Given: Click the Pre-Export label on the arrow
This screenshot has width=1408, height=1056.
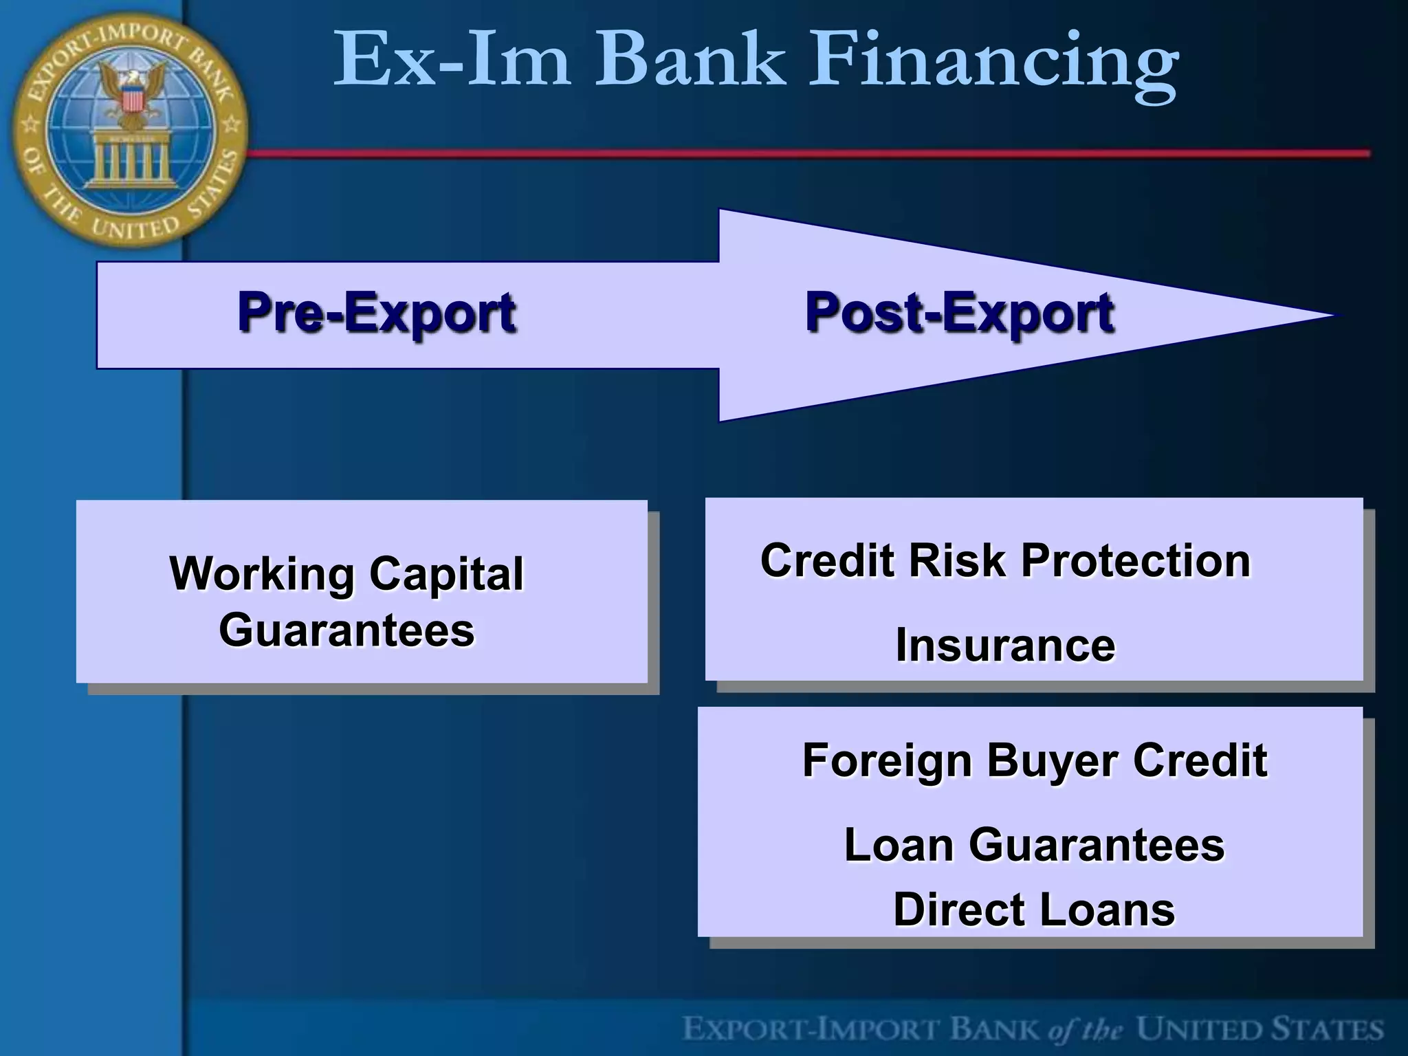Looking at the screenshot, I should coord(376,313).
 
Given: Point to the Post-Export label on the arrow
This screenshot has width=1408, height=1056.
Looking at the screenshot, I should coord(959,313).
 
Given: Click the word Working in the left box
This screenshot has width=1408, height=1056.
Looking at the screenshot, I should coord(263,574).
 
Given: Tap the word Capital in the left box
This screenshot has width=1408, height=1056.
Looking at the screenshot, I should coord(446,574).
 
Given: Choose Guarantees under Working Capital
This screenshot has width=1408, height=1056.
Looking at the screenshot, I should coord(346,630).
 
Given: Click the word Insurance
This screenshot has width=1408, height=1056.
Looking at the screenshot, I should coord(1005,646).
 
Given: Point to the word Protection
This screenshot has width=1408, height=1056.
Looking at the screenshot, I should coord(1136,560).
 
